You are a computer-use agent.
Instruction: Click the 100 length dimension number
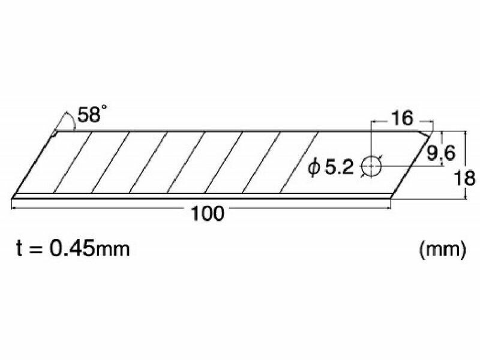pyautogui.click(x=207, y=214)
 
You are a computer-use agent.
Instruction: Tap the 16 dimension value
pyautogui.click(x=403, y=118)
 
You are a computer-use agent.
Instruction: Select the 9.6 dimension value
pyautogui.click(x=441, y=153)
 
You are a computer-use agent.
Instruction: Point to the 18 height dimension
pyautogui.click(x=464, y=178)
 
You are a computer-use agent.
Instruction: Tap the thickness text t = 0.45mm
pyautogui.click(x=73, y=248)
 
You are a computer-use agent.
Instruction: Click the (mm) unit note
pyautogui.click(x=443, y=250)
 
